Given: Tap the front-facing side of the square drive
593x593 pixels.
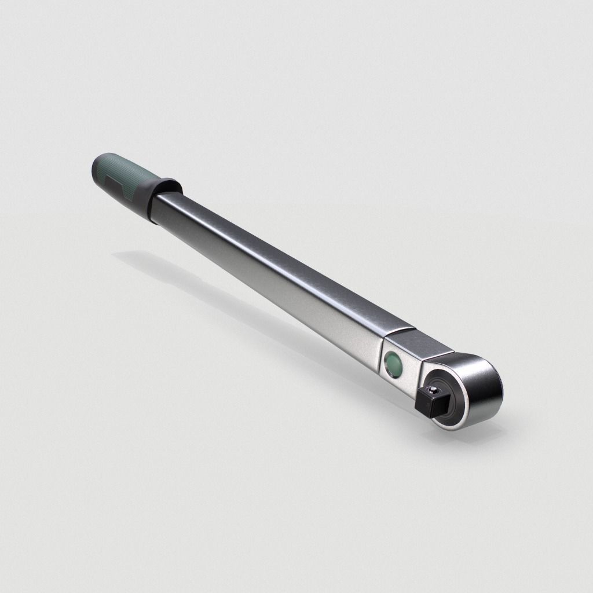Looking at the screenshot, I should click(x=429, y=405).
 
